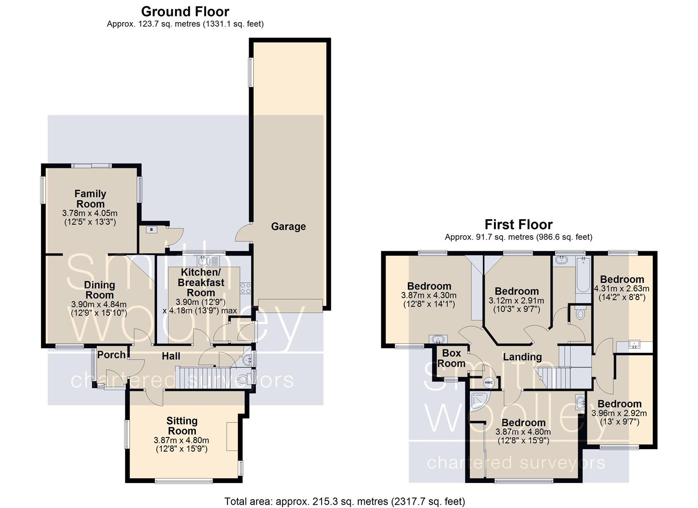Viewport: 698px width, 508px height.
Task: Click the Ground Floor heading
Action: pyautogui.click(x=185, y=11)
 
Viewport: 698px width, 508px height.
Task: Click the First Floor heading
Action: pyautogui.click(x=518, y=224)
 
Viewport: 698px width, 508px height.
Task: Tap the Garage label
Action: pyautogui.click(x=288, y=227)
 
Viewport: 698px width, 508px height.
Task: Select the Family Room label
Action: pyautogui.click(x=90, y=199)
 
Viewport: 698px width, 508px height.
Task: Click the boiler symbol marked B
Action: pyautogui.click(x=152, y=230)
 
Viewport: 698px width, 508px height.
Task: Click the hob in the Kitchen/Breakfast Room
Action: pyautogui.click(x=245, y=288)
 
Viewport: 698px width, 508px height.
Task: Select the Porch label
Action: pyautogui.click(x=111, y=355)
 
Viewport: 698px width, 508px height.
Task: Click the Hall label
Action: pyautogui.click(x=171, y=356)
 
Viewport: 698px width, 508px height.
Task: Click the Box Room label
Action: pyautogui.click(x=451, y=358)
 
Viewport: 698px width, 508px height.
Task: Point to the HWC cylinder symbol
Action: pyautogui.click(x=489, y=382)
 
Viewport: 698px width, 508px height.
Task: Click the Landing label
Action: pyautogui.click(x=522, y=357)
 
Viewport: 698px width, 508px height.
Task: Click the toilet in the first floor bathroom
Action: pyautogui.click(x=580, y=313)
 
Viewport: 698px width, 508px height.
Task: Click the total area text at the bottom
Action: pyautogui.click(x=345, y=501)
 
